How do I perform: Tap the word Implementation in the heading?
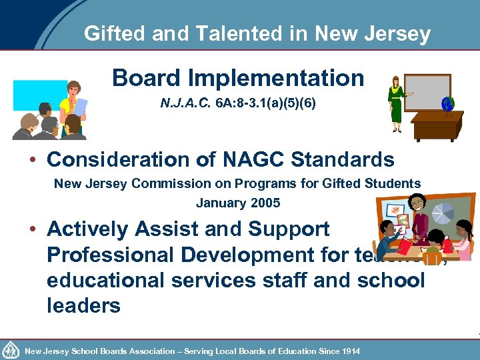(276, 78)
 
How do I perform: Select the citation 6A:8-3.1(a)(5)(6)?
(264, 105)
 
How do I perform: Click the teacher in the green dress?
(397, 103)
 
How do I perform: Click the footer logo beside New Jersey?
(11, 349)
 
